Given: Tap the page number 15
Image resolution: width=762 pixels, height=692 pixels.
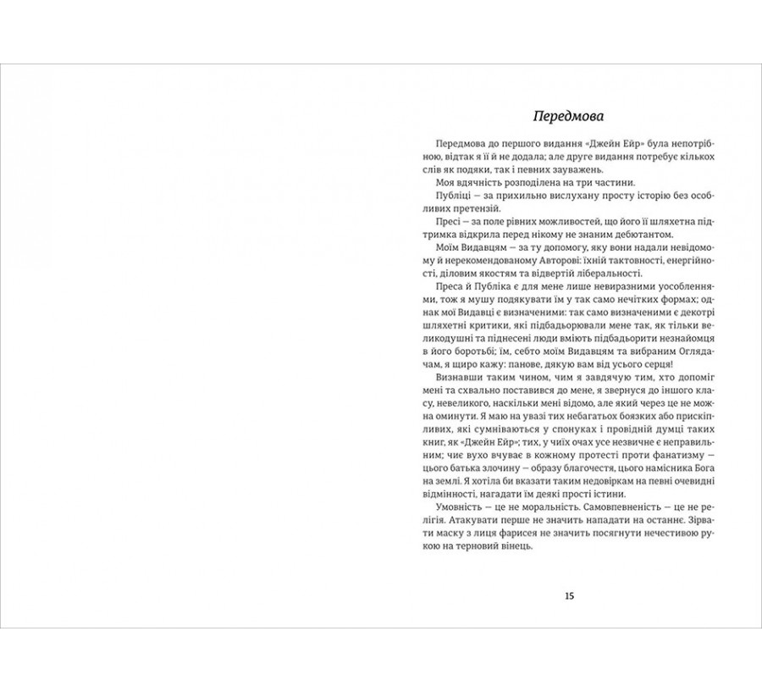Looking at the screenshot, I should tap(569, 595).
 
